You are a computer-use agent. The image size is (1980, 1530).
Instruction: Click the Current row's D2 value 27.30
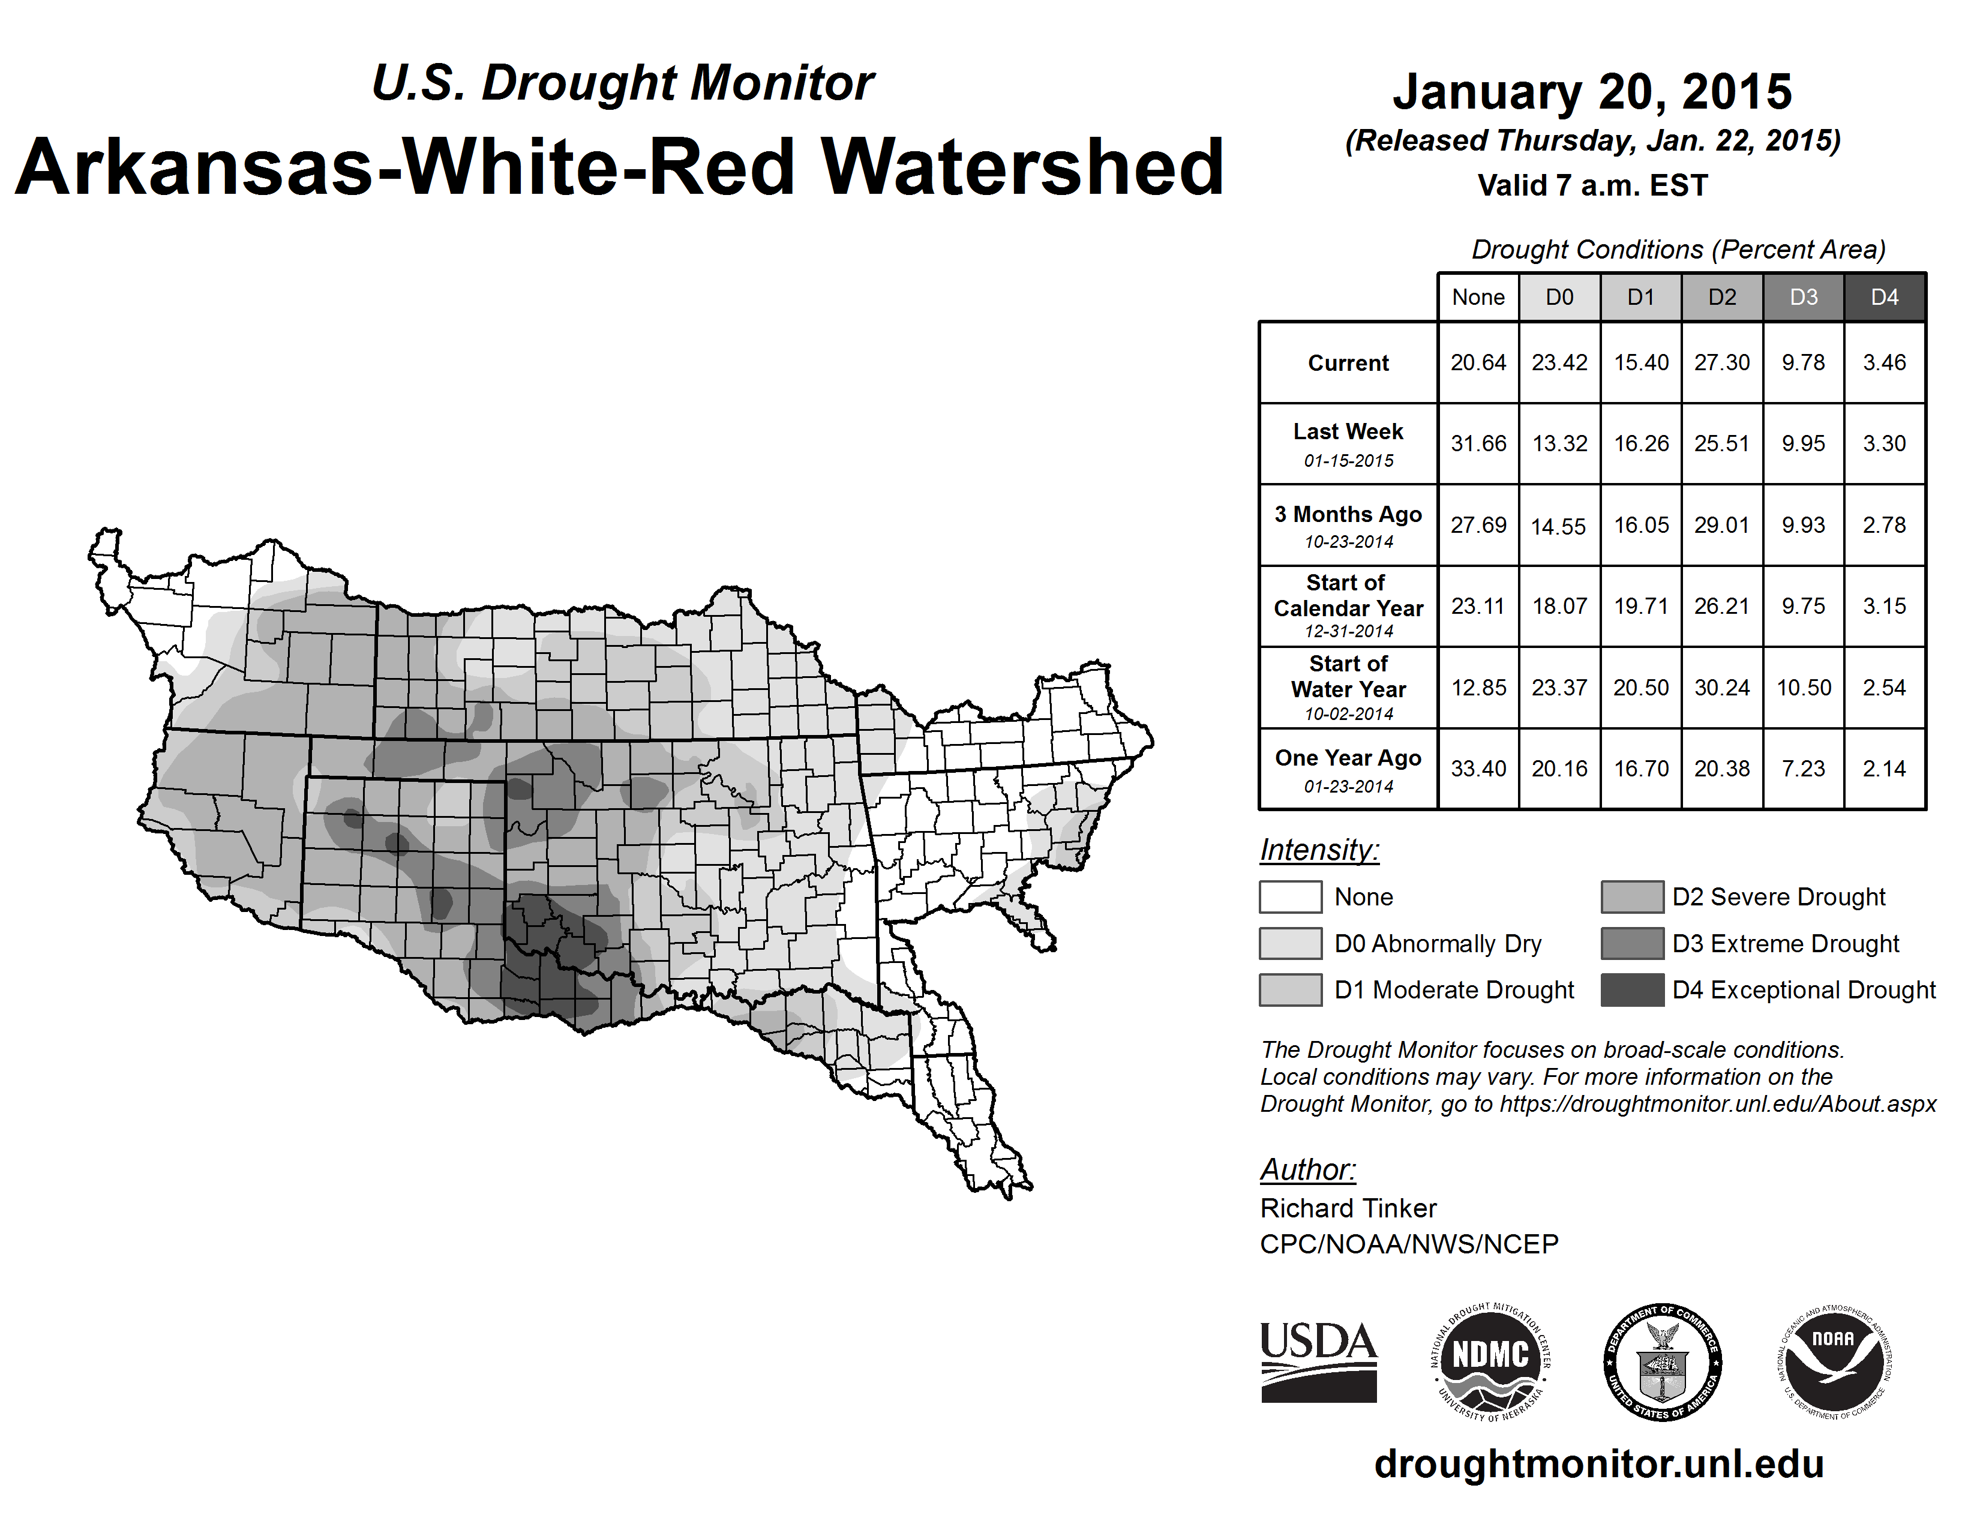(x=1721, y=362)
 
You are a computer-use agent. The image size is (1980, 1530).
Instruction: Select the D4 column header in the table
(x=1884, y=297)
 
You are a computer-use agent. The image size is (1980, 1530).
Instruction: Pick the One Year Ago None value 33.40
(x=1478, y=769)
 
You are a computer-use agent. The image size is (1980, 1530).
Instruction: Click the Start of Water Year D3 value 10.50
(x=1803, y=688)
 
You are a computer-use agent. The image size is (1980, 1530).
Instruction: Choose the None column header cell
(x=1478, y=297)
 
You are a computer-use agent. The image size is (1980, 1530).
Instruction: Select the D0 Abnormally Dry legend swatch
(x=1290, y=944)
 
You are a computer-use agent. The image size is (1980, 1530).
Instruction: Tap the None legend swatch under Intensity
(x=1290, y=896)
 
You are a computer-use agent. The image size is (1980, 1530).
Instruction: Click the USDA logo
(x=1318, y=1361)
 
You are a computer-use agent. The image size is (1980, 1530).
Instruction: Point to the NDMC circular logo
(x=1490, y=1361)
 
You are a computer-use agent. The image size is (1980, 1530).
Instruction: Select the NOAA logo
(x=1833, y=1361)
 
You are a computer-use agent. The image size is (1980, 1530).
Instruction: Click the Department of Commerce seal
(x=1663, y=1361)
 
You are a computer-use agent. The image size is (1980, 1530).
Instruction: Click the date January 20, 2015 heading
(x=1592, y=92)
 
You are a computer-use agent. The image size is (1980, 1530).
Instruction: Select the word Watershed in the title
(x=1022, y=167)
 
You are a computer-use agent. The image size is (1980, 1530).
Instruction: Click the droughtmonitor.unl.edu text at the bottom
(x=1599, y=1464)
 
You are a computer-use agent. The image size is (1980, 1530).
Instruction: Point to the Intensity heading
(x=1319, y=850)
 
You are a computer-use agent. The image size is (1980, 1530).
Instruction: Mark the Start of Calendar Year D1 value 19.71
(x=1641, y=607)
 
